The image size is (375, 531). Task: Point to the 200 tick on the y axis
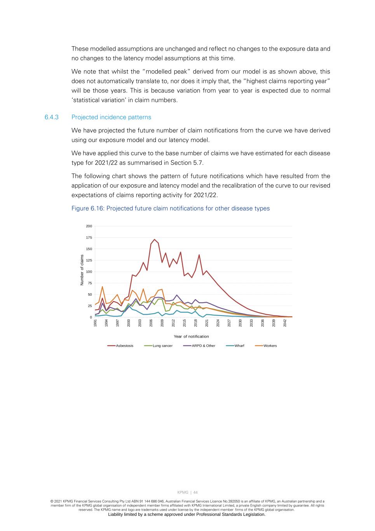point(89,226)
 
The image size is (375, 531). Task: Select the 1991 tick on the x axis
point(95,323)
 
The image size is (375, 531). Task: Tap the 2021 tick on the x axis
point(207,323)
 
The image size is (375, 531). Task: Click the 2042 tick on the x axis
point(285,323)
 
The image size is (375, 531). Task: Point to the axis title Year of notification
point(191,336)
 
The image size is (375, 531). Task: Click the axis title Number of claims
point(82,270)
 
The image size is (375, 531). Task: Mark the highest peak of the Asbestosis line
point(154,239)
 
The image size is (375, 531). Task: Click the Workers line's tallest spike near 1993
point(103,287)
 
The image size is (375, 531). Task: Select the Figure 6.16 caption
point(170,209)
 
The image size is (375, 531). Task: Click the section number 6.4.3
point(51,117)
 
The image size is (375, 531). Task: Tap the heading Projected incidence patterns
point(111,117)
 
